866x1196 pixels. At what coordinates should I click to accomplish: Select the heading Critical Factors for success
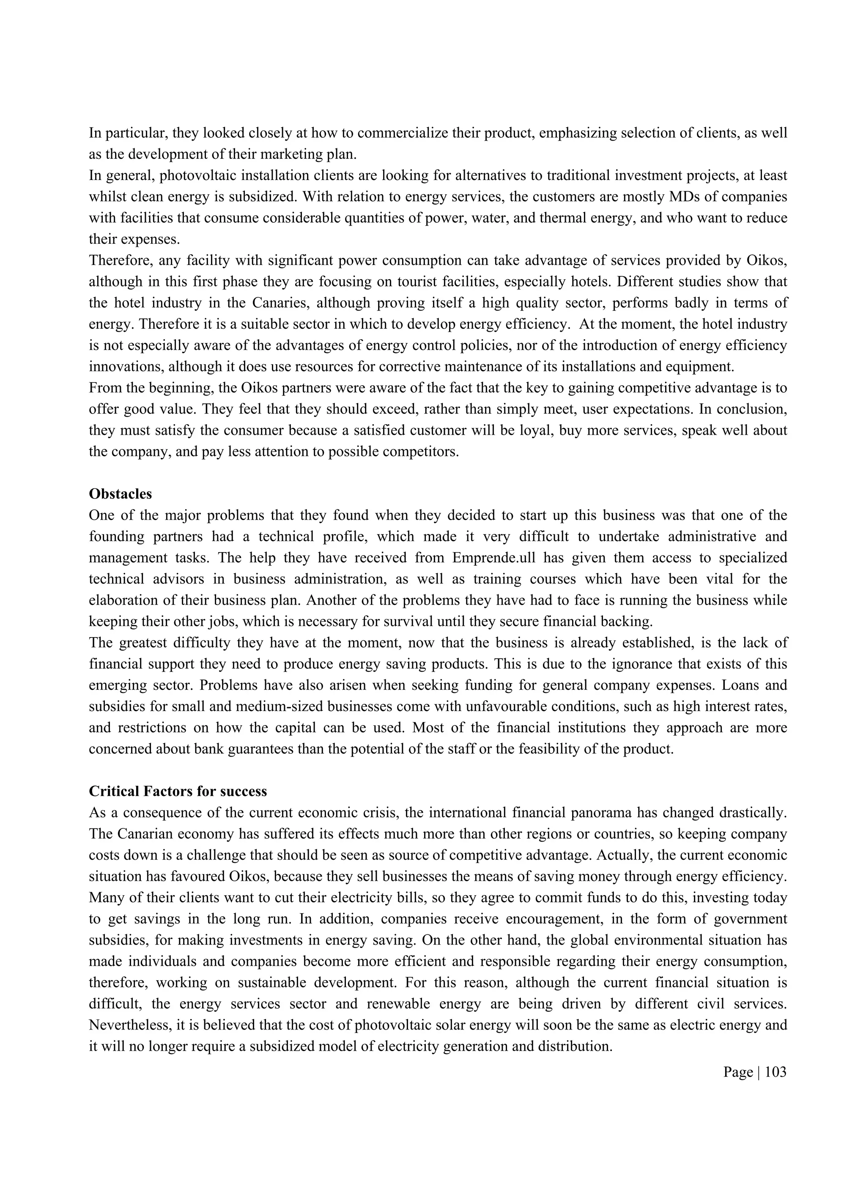tap(178, 791)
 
